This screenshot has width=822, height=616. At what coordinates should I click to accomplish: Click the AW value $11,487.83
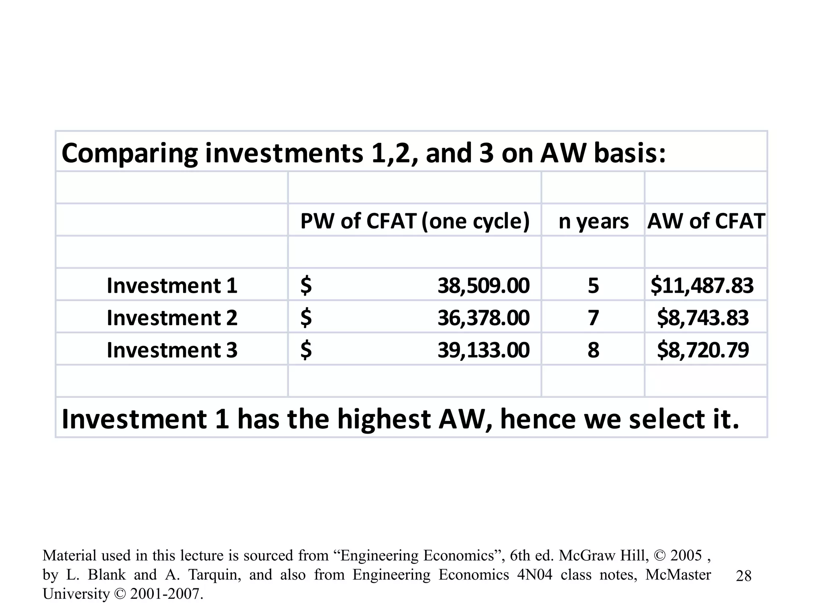[x=702, y=286]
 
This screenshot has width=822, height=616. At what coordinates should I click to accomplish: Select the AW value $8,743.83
[x=703, y=318]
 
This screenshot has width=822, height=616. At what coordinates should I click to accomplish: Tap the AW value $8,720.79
[x=703, y=350]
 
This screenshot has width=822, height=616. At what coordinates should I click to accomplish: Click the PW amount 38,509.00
[x=483, y=286]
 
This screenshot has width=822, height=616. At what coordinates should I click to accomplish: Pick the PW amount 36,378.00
[x=483, y=318]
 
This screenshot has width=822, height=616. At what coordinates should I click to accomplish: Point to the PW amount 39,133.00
[x=483, y=350]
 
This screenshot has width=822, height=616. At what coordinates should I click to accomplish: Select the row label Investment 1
[x=172, y=286]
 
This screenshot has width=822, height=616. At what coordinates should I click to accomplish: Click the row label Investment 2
[x=172, y=318]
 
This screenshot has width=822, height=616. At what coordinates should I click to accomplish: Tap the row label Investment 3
[x=172, y=350]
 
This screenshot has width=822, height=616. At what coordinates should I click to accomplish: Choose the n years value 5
[x=593, y=286]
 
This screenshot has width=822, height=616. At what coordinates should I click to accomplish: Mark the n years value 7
[x=593, y=318]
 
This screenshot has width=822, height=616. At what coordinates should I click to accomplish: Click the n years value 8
[x=593, y=350]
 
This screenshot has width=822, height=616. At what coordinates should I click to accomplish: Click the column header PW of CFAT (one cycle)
[x=415, y=221]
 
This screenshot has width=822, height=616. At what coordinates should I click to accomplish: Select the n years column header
[x=593, y=221]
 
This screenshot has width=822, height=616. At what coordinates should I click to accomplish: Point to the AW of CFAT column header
[x=706, y=221]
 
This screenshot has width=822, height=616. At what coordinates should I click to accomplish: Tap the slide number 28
[x=744, y=576]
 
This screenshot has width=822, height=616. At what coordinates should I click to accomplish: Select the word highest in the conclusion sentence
[x=384, y=419]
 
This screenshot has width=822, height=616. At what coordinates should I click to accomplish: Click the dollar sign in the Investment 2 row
[x=306, y=318]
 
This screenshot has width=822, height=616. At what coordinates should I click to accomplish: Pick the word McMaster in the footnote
[x=678, y=575]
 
